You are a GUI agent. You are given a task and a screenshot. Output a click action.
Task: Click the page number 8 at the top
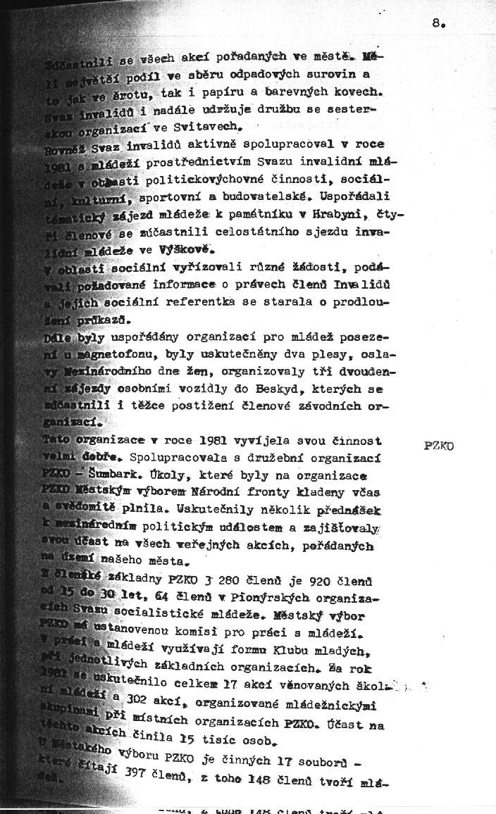438,23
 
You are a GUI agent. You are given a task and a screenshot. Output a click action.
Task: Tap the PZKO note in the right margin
439,446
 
